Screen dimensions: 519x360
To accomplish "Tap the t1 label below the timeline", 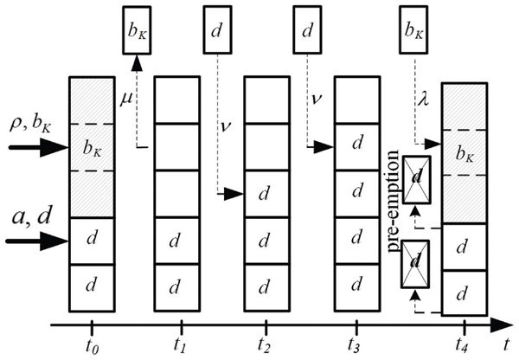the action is click(179, 345).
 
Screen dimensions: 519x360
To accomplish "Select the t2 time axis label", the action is click(266, 345).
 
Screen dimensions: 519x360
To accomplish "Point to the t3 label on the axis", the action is click(355, 345).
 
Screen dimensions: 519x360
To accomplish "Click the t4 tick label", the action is click(461, 345).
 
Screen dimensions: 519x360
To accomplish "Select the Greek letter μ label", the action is click(125, 99).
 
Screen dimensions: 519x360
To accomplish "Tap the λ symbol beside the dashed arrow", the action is click(423, 98).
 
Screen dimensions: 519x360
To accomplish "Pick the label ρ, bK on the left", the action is click(30, 125).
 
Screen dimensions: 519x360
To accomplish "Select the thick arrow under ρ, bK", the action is click(38, 147).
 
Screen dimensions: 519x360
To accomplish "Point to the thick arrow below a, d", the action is click(37, 241).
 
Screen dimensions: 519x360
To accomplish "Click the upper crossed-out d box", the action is click(417, 179).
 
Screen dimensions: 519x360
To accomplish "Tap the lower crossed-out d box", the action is click(415, 264).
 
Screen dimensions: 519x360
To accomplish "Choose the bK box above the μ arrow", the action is click(137, 30).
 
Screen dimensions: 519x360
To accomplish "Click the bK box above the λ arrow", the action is click(413, 29).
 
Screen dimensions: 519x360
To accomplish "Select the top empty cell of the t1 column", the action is click(177, 100).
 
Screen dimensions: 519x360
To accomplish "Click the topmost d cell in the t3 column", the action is click(357, 147).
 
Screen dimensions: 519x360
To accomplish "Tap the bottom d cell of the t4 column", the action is click(465, 293).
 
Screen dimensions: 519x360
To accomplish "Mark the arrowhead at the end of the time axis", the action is click(502, 325).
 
